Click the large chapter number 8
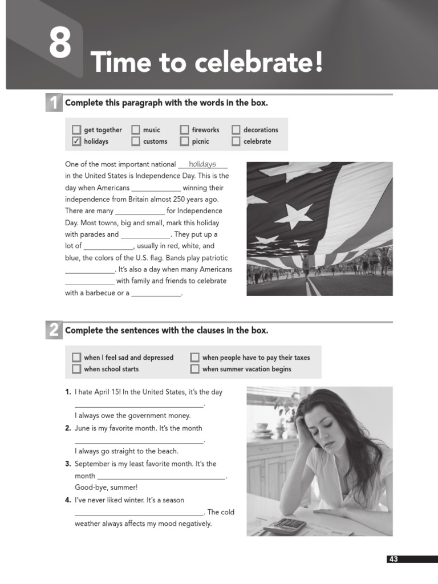click(x=59, y=45)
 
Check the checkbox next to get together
click(x=76, y=129)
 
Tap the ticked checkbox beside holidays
click(x=76, y=141)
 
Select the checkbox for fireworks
click(x=184, y=129)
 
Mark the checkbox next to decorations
click(x=236, y=129)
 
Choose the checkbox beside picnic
click(x=184, y=141)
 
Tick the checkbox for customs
click(x=136, y=141)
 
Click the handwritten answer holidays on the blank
click(x=202, y=164)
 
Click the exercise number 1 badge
click(x=53, y=103)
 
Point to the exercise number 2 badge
click(x=53, y=331)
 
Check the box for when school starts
click(x=76, y=369)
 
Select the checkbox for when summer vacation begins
click(x=195, y=369)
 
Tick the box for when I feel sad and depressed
click(x=76, y=358)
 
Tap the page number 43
click(x=394, y=559)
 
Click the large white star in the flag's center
click(x=293, y=216)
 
